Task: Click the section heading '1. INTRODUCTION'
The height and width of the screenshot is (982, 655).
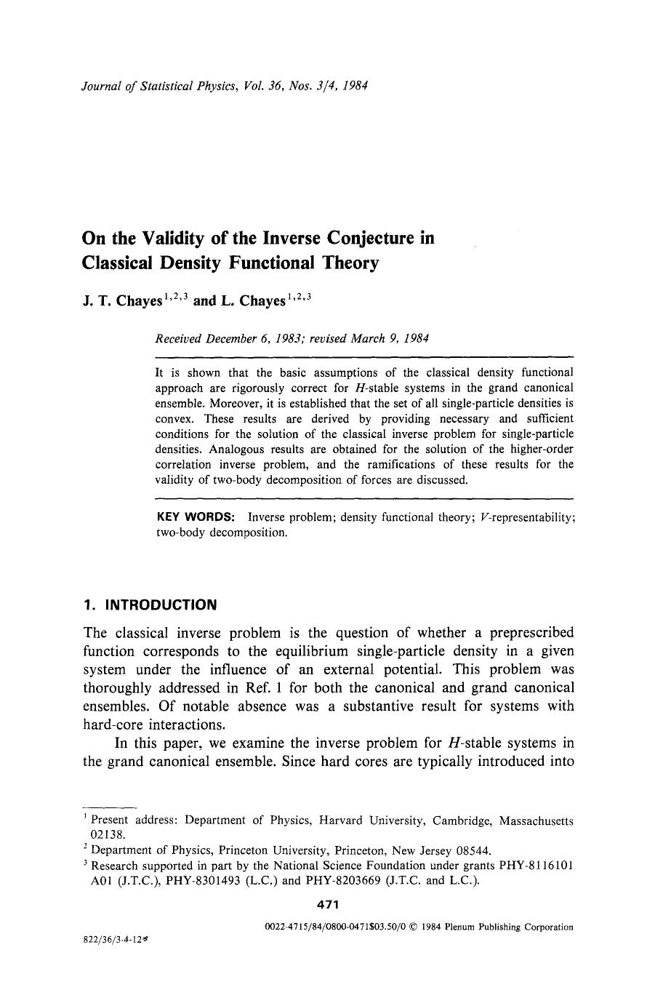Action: [x=150, y=604]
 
